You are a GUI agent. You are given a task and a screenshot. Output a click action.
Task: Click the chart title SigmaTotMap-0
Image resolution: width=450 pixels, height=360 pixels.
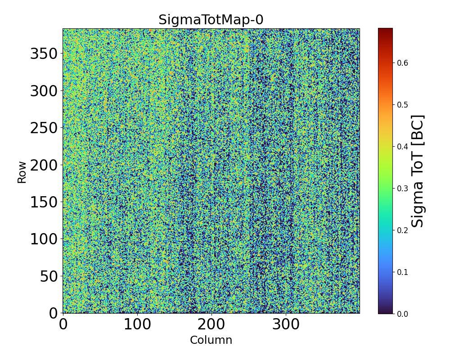(211, 20)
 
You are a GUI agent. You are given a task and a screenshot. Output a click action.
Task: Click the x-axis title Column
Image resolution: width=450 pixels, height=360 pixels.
(211, 340)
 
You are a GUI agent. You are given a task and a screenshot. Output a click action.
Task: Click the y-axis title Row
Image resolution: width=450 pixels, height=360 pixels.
(22, 171)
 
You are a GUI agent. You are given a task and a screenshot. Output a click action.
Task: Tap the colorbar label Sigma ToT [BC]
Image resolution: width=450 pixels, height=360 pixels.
(418, 171)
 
